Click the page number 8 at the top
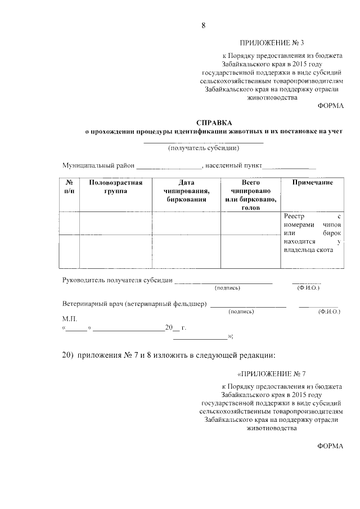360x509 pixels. (204, 25)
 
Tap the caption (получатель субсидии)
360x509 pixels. (204, 148)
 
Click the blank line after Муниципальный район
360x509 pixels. (169, 167)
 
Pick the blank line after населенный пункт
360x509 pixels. (289, 167)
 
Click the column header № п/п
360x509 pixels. (69, 187)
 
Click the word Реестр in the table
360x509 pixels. (294, 216)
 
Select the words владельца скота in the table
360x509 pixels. (309, 250)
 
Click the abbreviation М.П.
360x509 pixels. (69, 318)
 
